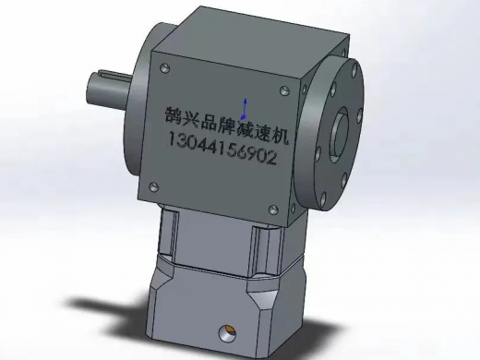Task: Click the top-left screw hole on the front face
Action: pos(165,68)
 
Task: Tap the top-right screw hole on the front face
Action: pos(284,90)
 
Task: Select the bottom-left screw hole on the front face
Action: pos(154,186)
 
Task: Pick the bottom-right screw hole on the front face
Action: pos(273,210)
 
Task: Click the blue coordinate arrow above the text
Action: pos(245,109)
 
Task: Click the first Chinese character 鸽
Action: pos(174,115)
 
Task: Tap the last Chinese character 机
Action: pos(280,136)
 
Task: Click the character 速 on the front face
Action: pos(262,133)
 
